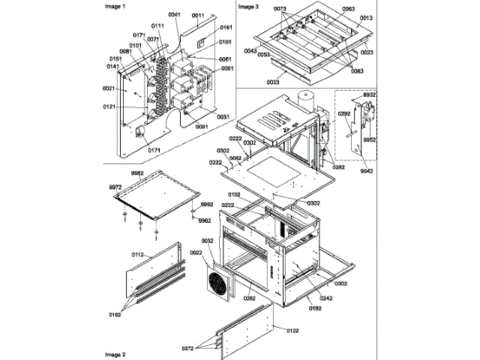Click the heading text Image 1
click(115, 6)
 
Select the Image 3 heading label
click(248, 6)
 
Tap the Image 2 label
click(115, 353)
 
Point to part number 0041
click(175, 14)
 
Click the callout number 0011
click(198, 15)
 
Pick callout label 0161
click(226, 27)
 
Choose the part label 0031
click(223, 116)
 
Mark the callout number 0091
click(202, 127)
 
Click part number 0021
click(108, 88)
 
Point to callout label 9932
click(370, 96)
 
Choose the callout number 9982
click(137, 172)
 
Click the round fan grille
click(220, 286)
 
